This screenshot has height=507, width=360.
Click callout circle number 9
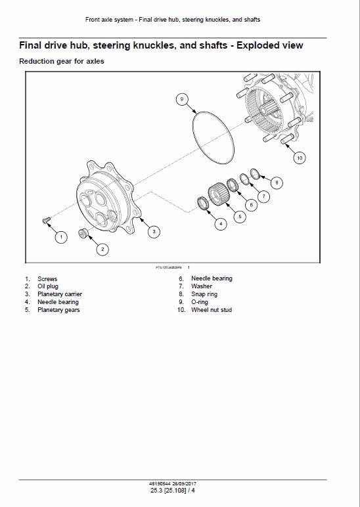[x=182, y=99]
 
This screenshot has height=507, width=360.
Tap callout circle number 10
[x=300, y=158]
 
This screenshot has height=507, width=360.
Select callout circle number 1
[x=60, y=236]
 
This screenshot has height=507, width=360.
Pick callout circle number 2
[x=102, y=249]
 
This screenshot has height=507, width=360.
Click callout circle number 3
[x=153, y=231]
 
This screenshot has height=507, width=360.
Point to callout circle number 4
[x=220, y=224]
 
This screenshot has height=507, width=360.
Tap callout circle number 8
[x=276, y=182]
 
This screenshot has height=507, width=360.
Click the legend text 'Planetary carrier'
[x=59, y=294]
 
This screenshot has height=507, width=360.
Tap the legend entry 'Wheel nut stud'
[x=211, y=310]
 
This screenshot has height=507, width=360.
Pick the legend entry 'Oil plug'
[x=48, y=286]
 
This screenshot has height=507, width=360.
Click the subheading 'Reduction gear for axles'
[x=62, y=62]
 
